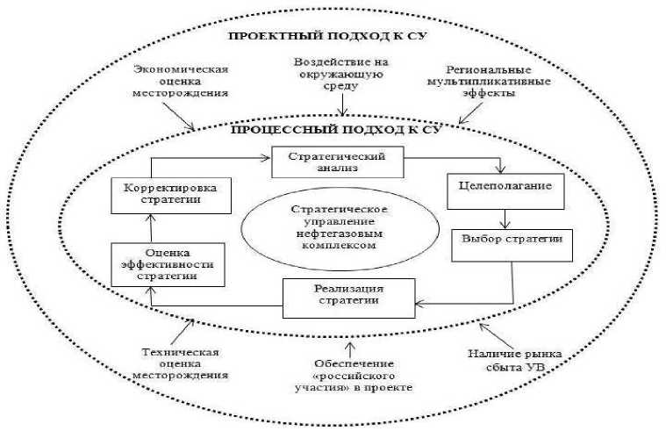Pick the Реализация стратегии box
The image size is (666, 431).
(348, 296)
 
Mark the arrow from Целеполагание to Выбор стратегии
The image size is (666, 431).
(505, 217)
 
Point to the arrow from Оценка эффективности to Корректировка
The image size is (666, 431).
(152, 227)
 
